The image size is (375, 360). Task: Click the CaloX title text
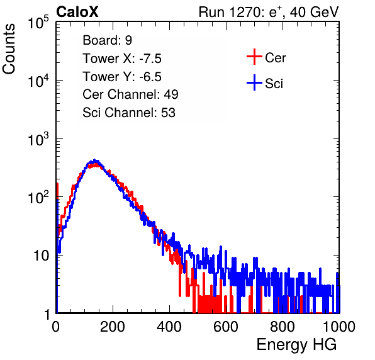pos(77,12)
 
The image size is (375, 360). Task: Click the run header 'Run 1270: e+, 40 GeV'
pos(269,12)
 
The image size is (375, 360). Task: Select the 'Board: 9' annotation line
pos(107,40)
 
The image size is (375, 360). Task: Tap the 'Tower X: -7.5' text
pos(122,59)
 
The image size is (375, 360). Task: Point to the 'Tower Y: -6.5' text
pos(122,77)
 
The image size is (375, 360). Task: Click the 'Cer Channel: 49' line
pos(130,94)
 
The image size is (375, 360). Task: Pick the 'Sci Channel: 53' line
pos(129,113)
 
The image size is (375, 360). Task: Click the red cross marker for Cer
pos(254,57)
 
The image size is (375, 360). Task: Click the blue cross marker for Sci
pos(254,82)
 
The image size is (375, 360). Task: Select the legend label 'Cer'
pos(275,58)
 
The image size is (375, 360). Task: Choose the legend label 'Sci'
pos(274,84)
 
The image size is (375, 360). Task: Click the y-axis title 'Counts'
pos(9,49)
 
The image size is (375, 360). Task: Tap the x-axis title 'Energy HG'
pos(296,344)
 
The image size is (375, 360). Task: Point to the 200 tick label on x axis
pos(113,327)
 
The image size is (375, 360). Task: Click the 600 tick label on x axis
pos(226,327)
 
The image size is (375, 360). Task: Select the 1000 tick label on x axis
pos(339,327)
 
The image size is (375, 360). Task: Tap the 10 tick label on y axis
pos(42,256)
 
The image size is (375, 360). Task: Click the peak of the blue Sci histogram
pos(95,160)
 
